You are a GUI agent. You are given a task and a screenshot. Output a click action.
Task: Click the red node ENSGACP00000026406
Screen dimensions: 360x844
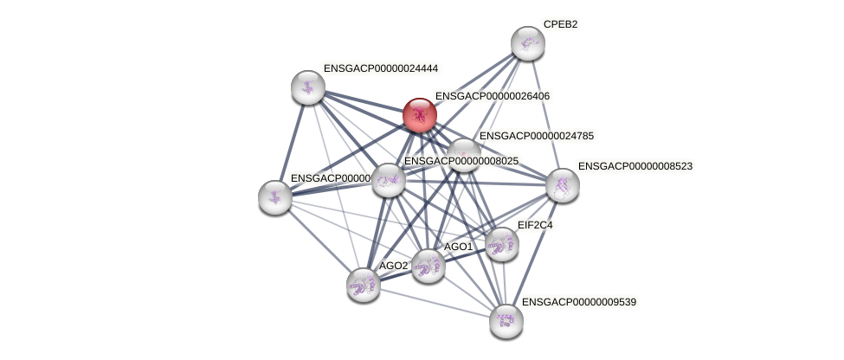420,115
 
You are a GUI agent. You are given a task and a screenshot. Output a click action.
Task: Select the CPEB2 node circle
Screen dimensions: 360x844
527,43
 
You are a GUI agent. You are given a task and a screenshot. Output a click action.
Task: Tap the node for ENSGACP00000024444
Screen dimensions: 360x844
307,87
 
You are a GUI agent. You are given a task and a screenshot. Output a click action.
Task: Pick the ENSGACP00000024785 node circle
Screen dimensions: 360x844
463,155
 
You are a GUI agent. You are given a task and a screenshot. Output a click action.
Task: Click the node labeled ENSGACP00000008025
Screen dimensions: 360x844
389,180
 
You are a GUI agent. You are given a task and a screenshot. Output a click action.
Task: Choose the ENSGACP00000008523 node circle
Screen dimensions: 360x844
563,185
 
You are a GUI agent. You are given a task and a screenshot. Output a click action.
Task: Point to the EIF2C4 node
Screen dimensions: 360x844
501,245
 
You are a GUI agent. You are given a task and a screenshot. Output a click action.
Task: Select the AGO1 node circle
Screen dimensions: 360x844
428,266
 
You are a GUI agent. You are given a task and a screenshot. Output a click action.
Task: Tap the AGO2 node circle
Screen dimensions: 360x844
363,284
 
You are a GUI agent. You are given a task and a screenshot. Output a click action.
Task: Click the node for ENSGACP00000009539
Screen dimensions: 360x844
506,321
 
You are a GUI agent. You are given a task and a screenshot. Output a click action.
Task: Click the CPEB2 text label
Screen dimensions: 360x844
560,24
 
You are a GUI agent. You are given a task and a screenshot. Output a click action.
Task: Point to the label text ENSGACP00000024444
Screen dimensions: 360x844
381,67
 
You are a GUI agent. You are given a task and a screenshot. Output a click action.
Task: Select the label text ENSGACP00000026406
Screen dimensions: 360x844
492,96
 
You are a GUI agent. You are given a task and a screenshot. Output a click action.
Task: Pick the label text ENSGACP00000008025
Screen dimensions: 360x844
461,161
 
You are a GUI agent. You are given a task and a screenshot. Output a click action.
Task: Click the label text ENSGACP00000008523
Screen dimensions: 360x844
635,166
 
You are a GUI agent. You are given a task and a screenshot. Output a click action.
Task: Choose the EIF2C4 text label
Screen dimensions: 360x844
534,225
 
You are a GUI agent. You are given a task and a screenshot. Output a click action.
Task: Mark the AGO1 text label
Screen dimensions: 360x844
458,247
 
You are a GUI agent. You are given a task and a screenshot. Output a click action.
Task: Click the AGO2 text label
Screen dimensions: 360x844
393,266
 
